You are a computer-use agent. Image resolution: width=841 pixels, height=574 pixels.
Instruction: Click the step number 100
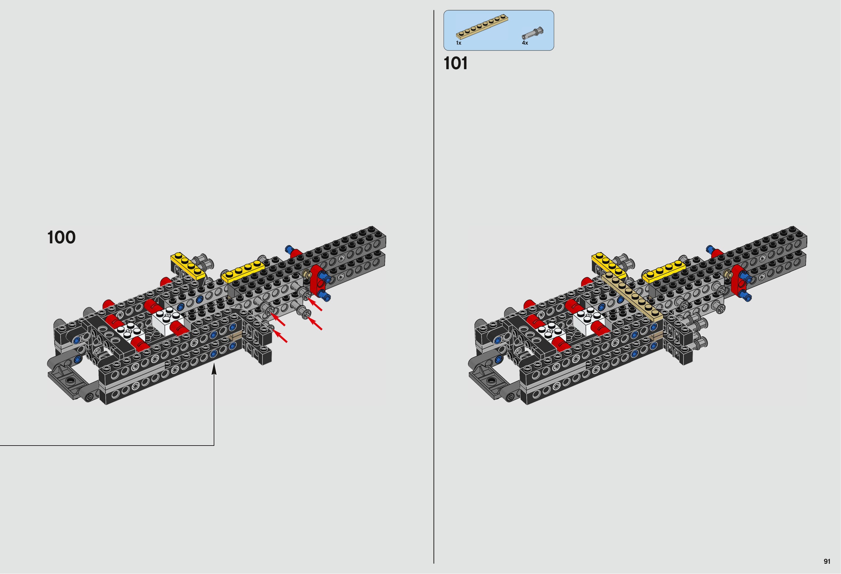62,237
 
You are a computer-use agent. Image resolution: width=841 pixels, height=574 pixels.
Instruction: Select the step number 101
456,63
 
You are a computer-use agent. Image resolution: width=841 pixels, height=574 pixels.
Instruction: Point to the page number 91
827,561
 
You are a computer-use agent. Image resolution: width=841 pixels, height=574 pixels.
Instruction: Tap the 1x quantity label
458,43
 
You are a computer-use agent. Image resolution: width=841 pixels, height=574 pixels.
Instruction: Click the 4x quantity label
525,43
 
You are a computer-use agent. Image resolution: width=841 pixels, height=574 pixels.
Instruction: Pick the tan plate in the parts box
482,27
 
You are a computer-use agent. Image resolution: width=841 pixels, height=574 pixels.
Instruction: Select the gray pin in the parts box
532,33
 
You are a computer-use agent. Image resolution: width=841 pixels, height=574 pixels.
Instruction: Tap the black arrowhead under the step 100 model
214,369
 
